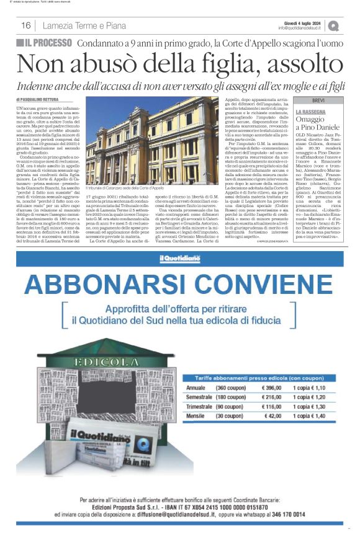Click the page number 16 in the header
click(x=26, y=25)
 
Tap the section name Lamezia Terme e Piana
click(x=84, y=25)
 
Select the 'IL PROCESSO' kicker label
click(x=45, y=43)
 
